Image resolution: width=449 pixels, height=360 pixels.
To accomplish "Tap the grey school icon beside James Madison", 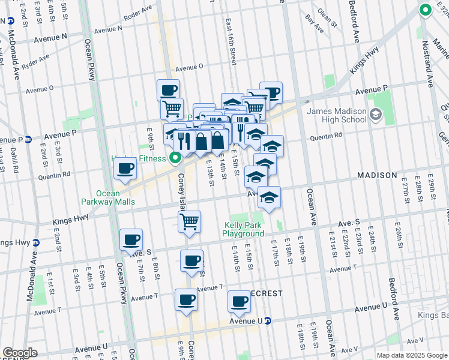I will [x=376, y=114].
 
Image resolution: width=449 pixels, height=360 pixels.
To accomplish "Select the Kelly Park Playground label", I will [x=243, y=229].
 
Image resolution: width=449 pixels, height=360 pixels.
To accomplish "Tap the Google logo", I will [x=20, y=353].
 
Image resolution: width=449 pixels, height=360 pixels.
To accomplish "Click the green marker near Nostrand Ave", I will [x=425, y=10].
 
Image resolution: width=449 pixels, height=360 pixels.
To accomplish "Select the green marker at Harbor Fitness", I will [x=175, y=158].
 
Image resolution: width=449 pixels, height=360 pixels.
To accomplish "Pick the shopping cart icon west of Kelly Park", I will [x=190, y=221].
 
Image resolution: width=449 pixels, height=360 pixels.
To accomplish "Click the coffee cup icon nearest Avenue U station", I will [x=239, y=301].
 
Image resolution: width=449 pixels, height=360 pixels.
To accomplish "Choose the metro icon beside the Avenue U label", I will [x=269, y=322].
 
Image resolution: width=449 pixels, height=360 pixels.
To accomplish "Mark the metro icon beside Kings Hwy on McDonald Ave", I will [x=35, y=242].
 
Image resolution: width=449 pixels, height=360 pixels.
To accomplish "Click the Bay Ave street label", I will [x=314, y=22].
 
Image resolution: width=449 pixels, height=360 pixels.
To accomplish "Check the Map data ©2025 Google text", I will [x=411, y=355].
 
